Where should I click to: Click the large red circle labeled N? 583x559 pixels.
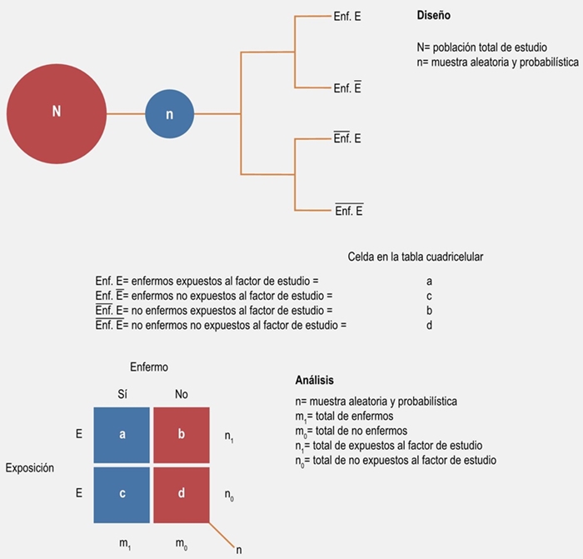tap(57, 112)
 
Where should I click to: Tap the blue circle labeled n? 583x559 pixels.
tap(170, 114)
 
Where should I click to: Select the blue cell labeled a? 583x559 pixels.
tap(122, 434)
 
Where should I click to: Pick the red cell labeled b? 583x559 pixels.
tap(182, 434)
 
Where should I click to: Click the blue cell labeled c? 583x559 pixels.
tap(122, 492)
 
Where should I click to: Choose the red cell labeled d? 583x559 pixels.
tap(182, 492)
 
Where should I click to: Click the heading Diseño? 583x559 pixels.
tap(435, 16)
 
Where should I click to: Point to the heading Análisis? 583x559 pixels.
tap(315, 381)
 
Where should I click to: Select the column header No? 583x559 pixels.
tap(181, 394)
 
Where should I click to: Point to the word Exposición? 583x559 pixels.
tap(30, 468)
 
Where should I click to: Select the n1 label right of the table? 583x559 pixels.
tap(230, 435)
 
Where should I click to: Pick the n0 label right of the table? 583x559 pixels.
tap(230, 494)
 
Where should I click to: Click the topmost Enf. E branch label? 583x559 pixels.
tap(347, 16)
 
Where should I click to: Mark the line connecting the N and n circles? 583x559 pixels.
tap(126, 113)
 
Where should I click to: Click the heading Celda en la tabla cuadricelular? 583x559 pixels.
tap(416, 257)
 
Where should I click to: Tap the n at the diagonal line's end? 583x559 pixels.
tap(239, 550)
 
